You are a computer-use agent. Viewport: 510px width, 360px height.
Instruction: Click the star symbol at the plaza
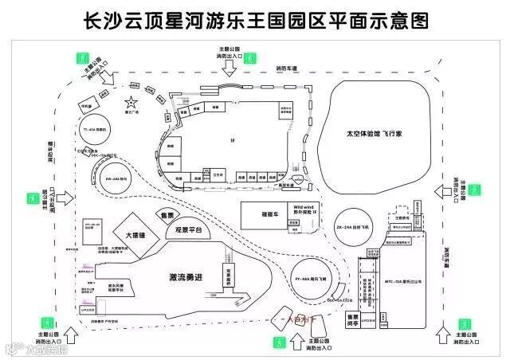coord(130,103)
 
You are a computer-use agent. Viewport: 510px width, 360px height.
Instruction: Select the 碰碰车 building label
coord(257,213)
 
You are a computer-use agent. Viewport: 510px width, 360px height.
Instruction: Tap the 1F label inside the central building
coord(233,140)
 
